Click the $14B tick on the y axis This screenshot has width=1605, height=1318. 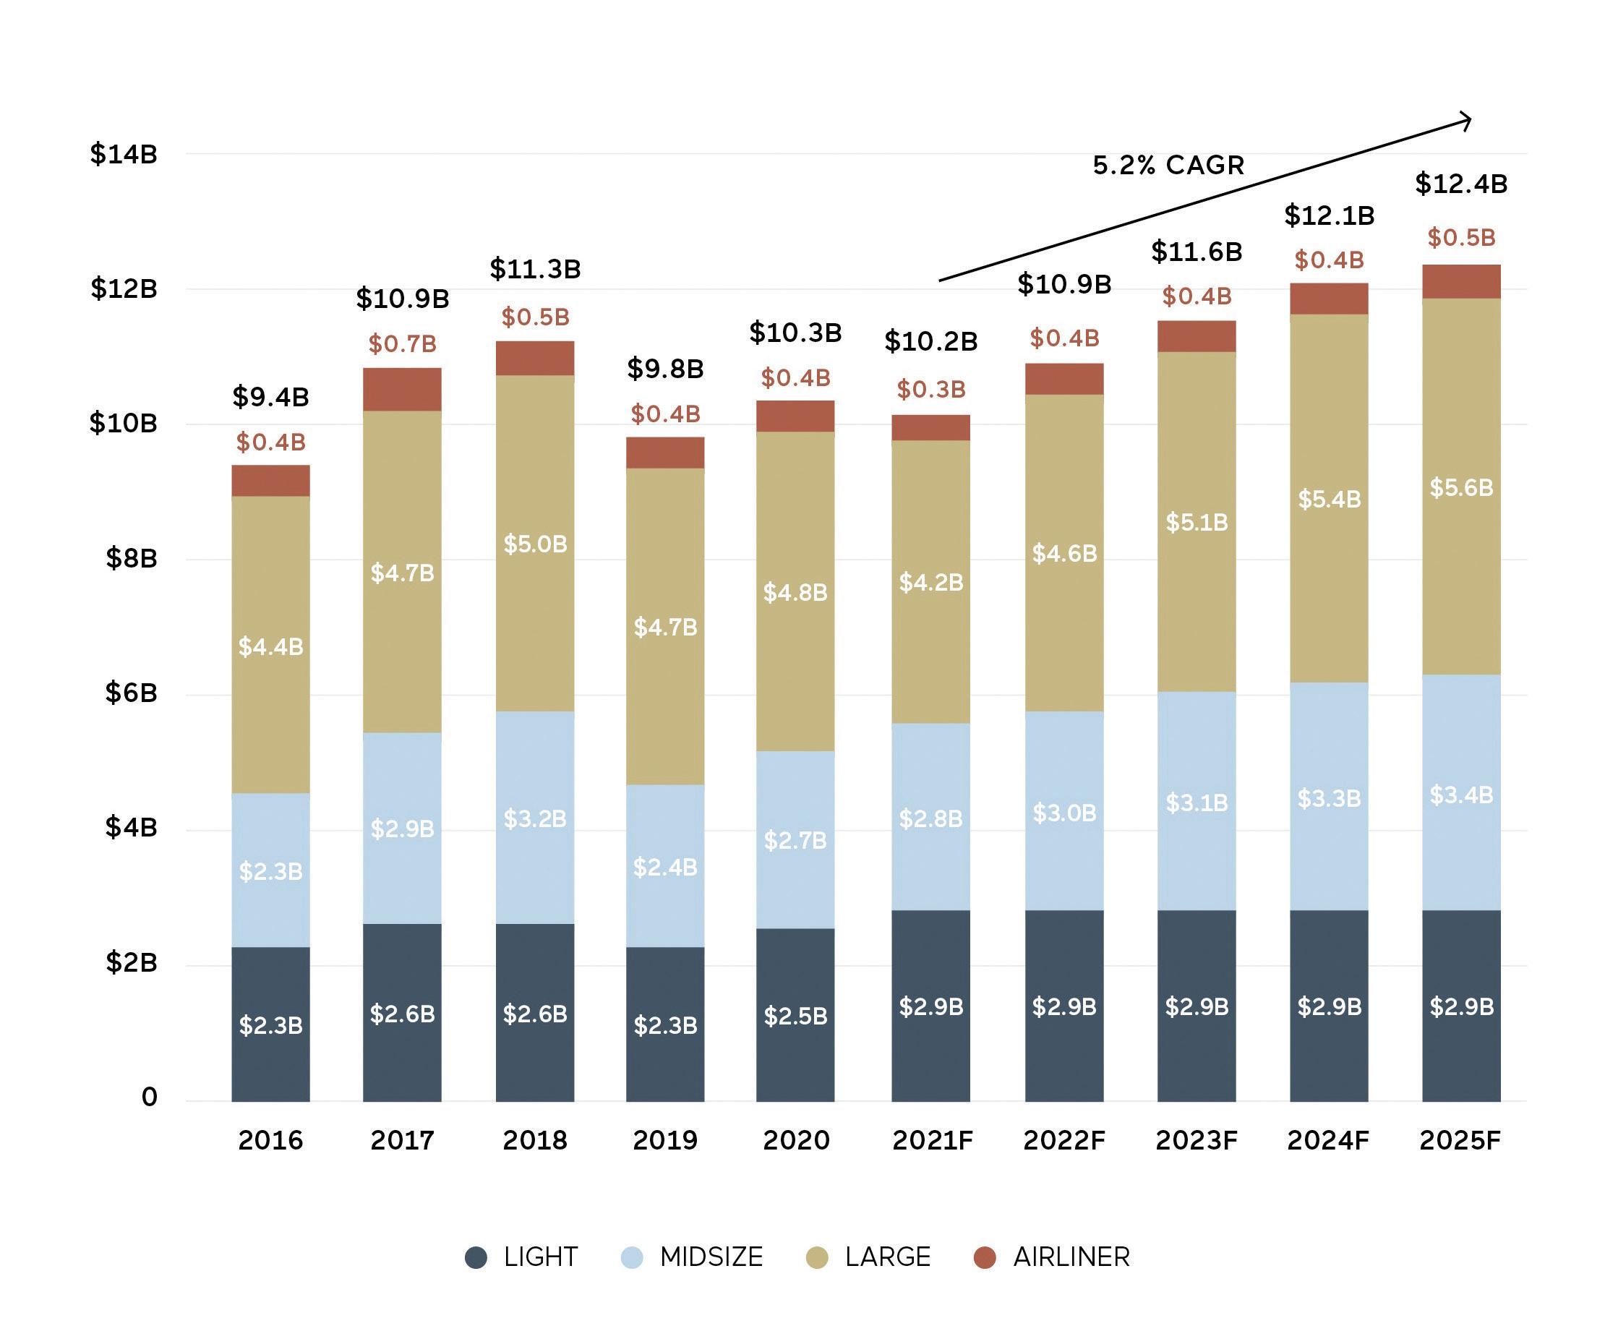pos(124,154)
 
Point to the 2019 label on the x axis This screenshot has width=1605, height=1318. pos(665,1140)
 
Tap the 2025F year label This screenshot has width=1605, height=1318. pos(1460,1140)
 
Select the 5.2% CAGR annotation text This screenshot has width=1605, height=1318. pos(1168,166)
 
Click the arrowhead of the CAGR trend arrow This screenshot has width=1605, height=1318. pos(1468,121)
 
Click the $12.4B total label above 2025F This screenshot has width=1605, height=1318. pos(1460,184)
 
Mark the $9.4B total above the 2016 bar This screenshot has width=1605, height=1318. pos(270,396)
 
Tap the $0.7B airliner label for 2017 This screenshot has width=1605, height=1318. pos(403,345)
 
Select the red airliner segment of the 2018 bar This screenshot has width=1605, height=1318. pos(534,359)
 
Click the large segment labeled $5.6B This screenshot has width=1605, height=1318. pos(1460,487)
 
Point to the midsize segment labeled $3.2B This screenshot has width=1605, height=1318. pos(534,818)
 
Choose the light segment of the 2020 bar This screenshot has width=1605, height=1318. pos(795,1015)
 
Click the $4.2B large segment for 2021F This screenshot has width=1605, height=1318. pos(930,582)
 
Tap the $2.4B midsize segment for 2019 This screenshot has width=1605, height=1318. pos(665,866)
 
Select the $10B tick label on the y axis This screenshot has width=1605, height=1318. pos(124,424)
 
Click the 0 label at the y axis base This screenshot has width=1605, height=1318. pos(150,1097)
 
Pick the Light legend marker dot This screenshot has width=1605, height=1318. pos(476,1257)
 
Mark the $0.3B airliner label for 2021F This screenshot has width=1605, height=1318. pos(930,390)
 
